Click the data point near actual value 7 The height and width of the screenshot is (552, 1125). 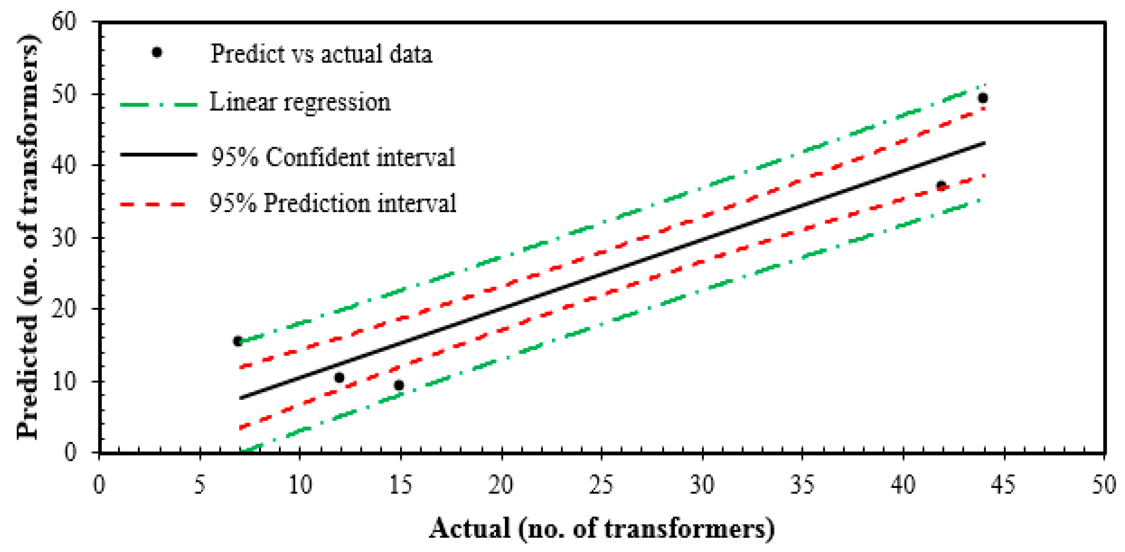coord(238,341)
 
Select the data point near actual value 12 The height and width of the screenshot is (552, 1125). coord(339,378)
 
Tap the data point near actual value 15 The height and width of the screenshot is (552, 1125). coord(399,385)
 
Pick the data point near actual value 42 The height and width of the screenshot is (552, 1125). coord(941,186)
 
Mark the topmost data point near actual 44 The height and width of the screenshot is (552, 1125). coord(982,98)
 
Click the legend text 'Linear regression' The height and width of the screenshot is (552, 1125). coord(300,102)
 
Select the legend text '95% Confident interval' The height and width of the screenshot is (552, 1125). coord(332,157)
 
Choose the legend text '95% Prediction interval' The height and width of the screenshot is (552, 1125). coord(332,204)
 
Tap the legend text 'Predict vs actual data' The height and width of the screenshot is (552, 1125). coord(321,54)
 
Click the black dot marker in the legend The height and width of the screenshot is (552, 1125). coord(157,52)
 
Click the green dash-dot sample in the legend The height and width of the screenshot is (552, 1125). coord(158,105)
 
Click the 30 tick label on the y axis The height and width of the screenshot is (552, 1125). coord(64,237)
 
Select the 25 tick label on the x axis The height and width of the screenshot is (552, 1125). coord(601,485)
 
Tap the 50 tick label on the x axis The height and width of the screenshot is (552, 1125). coord(1104,485)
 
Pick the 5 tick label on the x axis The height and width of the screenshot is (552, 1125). coord(200,485)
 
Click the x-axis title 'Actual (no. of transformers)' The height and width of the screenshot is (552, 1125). coord(601,529)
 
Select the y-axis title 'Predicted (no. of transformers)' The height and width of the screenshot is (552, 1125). coord(28,237)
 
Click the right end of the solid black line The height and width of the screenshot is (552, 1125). coord(984,143)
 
